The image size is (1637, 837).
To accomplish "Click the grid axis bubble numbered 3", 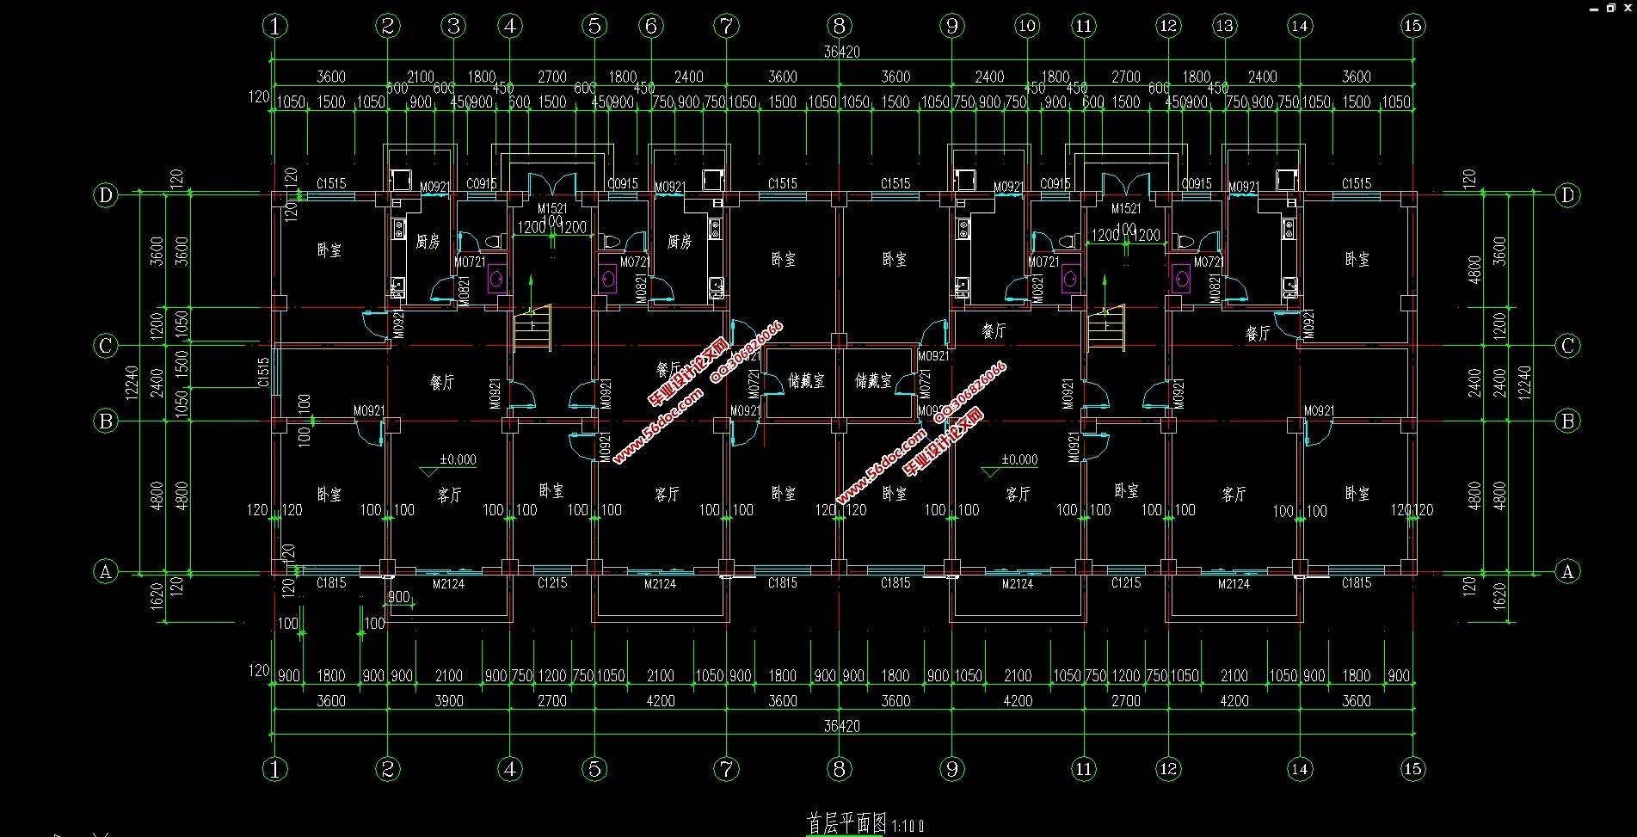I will point(454,26).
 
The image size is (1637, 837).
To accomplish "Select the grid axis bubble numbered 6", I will point(651,26).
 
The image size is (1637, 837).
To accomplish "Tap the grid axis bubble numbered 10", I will point(1026,26).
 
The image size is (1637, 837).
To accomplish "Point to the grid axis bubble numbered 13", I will point(1224,26).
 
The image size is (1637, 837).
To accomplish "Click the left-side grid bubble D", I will point(106,195).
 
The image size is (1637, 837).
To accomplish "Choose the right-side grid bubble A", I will point(1567,571).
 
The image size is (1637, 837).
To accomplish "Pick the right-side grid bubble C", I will point(1567,346).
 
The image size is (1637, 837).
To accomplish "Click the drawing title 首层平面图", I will point(846,823).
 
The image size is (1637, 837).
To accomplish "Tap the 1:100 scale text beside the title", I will point(908,826).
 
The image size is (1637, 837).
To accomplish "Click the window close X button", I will point(1628,7).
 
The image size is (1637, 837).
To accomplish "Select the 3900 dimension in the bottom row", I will point(449,701).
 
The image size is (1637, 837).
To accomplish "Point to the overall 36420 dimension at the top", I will point(841,52).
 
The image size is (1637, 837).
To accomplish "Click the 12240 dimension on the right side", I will point(1524,383).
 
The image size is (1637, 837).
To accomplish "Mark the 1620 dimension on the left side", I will point(157,596).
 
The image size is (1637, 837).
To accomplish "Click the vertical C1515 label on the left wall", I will point(264,372).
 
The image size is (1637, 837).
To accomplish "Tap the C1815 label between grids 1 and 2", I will point(331,583).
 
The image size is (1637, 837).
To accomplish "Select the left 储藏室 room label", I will point(806,380).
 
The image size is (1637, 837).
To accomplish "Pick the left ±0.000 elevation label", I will point(457,459).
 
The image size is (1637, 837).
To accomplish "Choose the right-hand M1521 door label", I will point(1125,208).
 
